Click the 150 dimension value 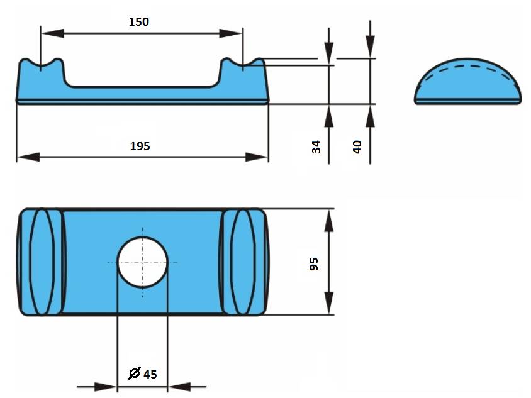[x=139, y=21]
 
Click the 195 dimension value [x=140, y=146]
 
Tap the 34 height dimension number [x=316, y=147]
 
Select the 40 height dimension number [x=357, y=147]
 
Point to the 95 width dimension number [x=314, y=264]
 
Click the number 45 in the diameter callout [x=150, y=374]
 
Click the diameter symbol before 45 [x=135, y=373]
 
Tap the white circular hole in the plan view [x=142, y=262]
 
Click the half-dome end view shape [x=468, y=81]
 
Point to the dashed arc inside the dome [x=468, y=65]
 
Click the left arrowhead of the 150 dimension [x=52, y=33]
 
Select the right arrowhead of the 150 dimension [x=231, y=33]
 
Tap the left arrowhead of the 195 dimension [x=28, y=157]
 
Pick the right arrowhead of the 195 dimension [x=257, y=157]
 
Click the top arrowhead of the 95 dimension [x=329, y=220]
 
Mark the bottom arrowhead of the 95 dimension [x=329, y=303]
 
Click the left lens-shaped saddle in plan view [x=42, y=262]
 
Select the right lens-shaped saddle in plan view [x=243, y=262]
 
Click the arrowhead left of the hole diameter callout [x=105, y=387]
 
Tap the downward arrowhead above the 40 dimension [x=370, y=46]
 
